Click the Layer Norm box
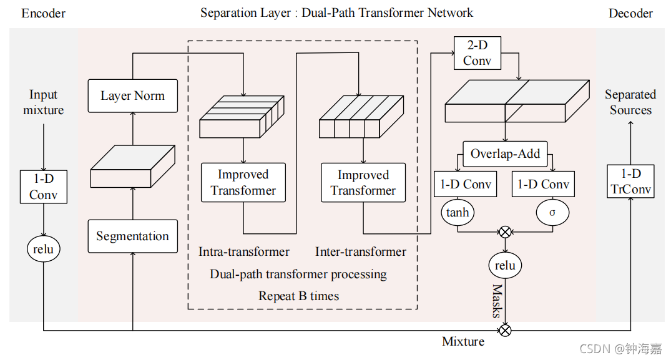click(x=132, y=96)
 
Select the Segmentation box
click(x=132, y=236)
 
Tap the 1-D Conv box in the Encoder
click(x=43, y=187)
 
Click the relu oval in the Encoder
click(x=43, y=250)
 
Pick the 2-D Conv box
click(x=477, y=53)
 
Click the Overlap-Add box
click(x=505, y=153)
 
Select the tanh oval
click(x=458, y=213)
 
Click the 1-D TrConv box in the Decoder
click(x=630, y=181)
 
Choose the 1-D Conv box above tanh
click(x=466, y=185)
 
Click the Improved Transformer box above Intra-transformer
click(x=243, y=183)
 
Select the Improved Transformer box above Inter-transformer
click(x=363, y=183)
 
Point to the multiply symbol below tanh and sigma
click(x=505, y=232)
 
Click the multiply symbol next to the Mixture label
click(x=505, y=330)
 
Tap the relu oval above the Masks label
click(x=505, y=266)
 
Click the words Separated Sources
click(x=630, y=102)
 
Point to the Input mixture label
click(x=43, y=102)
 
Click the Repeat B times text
click(x=299, y=296)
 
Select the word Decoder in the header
click(x=630, y=13)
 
